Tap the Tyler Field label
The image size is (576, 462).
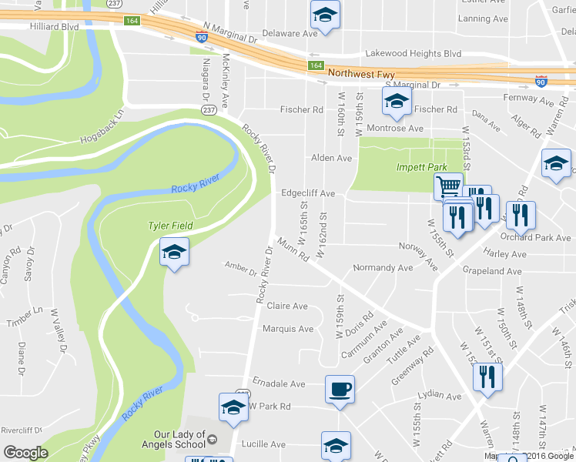point(170,226)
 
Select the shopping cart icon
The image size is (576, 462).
point(448,186)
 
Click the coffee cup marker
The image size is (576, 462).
point(340,389)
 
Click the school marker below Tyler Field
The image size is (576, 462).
point(174,252)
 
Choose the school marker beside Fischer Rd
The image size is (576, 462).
point(397,101)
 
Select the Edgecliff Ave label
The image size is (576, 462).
point(308,193)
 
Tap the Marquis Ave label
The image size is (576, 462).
point(288,329)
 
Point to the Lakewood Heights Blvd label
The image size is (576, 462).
point(414,54)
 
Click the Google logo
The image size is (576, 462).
point(25,453)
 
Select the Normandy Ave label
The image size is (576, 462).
point(382,268)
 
